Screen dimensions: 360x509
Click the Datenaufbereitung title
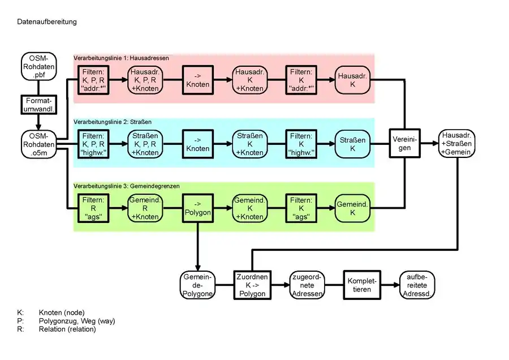click(46, 22)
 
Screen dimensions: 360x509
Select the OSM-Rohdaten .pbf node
click(38, 67)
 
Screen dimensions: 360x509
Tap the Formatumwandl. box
click(38, 105)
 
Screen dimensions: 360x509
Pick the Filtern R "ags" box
click(93, 208)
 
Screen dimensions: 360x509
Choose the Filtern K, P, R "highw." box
click(93, 144)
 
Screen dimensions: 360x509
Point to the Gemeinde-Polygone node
click(198, 285)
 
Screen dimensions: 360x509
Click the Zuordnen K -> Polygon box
click(252, 285)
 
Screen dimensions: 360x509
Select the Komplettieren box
click(362, 285)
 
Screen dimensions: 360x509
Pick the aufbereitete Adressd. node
click(417, 285)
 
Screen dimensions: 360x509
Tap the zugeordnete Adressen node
click(307, 285)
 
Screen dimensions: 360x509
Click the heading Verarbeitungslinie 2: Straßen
click(113, 122)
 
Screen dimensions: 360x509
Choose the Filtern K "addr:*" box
click(301, 80)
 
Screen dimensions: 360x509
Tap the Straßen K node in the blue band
click(352, 144)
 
